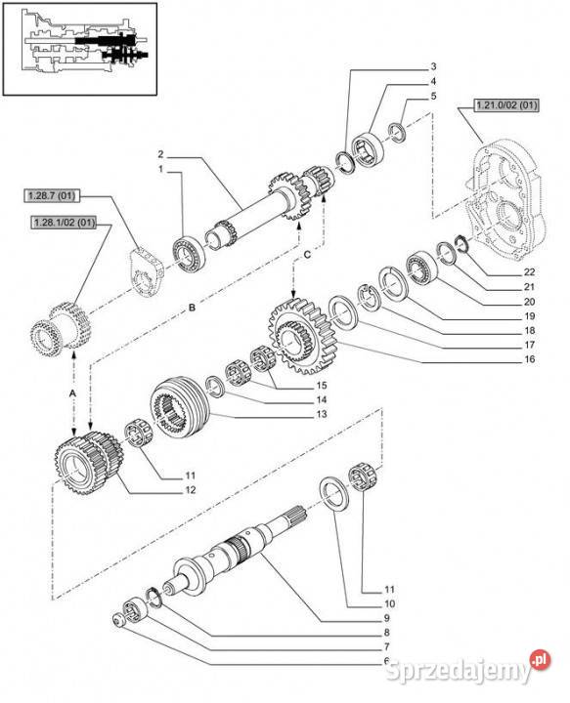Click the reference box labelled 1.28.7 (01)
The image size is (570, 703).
point(52,195)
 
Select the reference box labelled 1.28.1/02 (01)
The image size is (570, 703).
point(64,223)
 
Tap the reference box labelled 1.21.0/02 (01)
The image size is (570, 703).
point(506,105)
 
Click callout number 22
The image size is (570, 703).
point(529,272)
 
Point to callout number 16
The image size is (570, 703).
point(530,358)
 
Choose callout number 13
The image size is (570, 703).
point(322,414)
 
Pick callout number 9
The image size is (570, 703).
point(386,618)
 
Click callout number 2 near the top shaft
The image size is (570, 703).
point(160,154)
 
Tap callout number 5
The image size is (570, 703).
point(433,96)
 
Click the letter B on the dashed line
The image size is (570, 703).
point(192,308)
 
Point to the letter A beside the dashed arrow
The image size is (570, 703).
point(72,393)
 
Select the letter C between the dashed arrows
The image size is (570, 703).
point(307,255)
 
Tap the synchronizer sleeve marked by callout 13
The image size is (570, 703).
point(180,406)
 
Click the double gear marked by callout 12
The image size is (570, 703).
point(89,463)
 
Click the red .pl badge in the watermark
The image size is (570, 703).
point(541,659)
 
